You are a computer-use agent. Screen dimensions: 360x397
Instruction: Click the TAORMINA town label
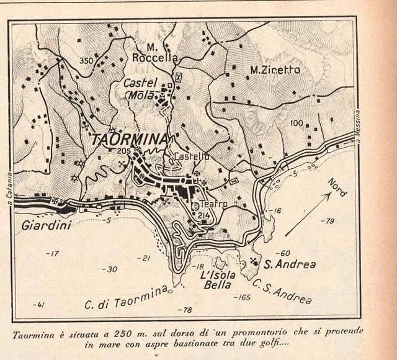point(129,140)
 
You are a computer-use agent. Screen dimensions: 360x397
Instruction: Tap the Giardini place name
point(46,225)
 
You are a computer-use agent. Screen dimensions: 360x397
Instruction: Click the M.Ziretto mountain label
point(274,70)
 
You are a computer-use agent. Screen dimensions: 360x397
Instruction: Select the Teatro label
point(213,204)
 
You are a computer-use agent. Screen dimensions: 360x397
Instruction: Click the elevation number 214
point(204,215)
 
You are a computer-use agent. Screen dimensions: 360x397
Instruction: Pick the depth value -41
point(42,304)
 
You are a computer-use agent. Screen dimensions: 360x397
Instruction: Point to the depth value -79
point(327,220)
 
